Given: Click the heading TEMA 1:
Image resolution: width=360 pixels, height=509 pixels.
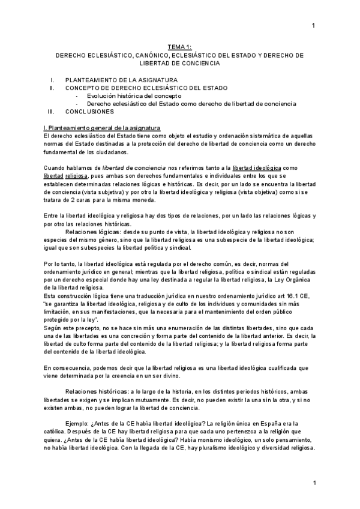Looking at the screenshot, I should pyautogui.click(x=179, y=47).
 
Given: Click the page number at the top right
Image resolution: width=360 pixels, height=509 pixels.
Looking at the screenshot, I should pyautogui.click(x=313, y=25).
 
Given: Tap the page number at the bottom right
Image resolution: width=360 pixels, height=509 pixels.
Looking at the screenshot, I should pyautogui.click(x=313, y=483).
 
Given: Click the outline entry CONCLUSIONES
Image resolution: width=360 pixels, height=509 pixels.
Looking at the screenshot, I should pyautogui.click(x=89, y=112).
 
